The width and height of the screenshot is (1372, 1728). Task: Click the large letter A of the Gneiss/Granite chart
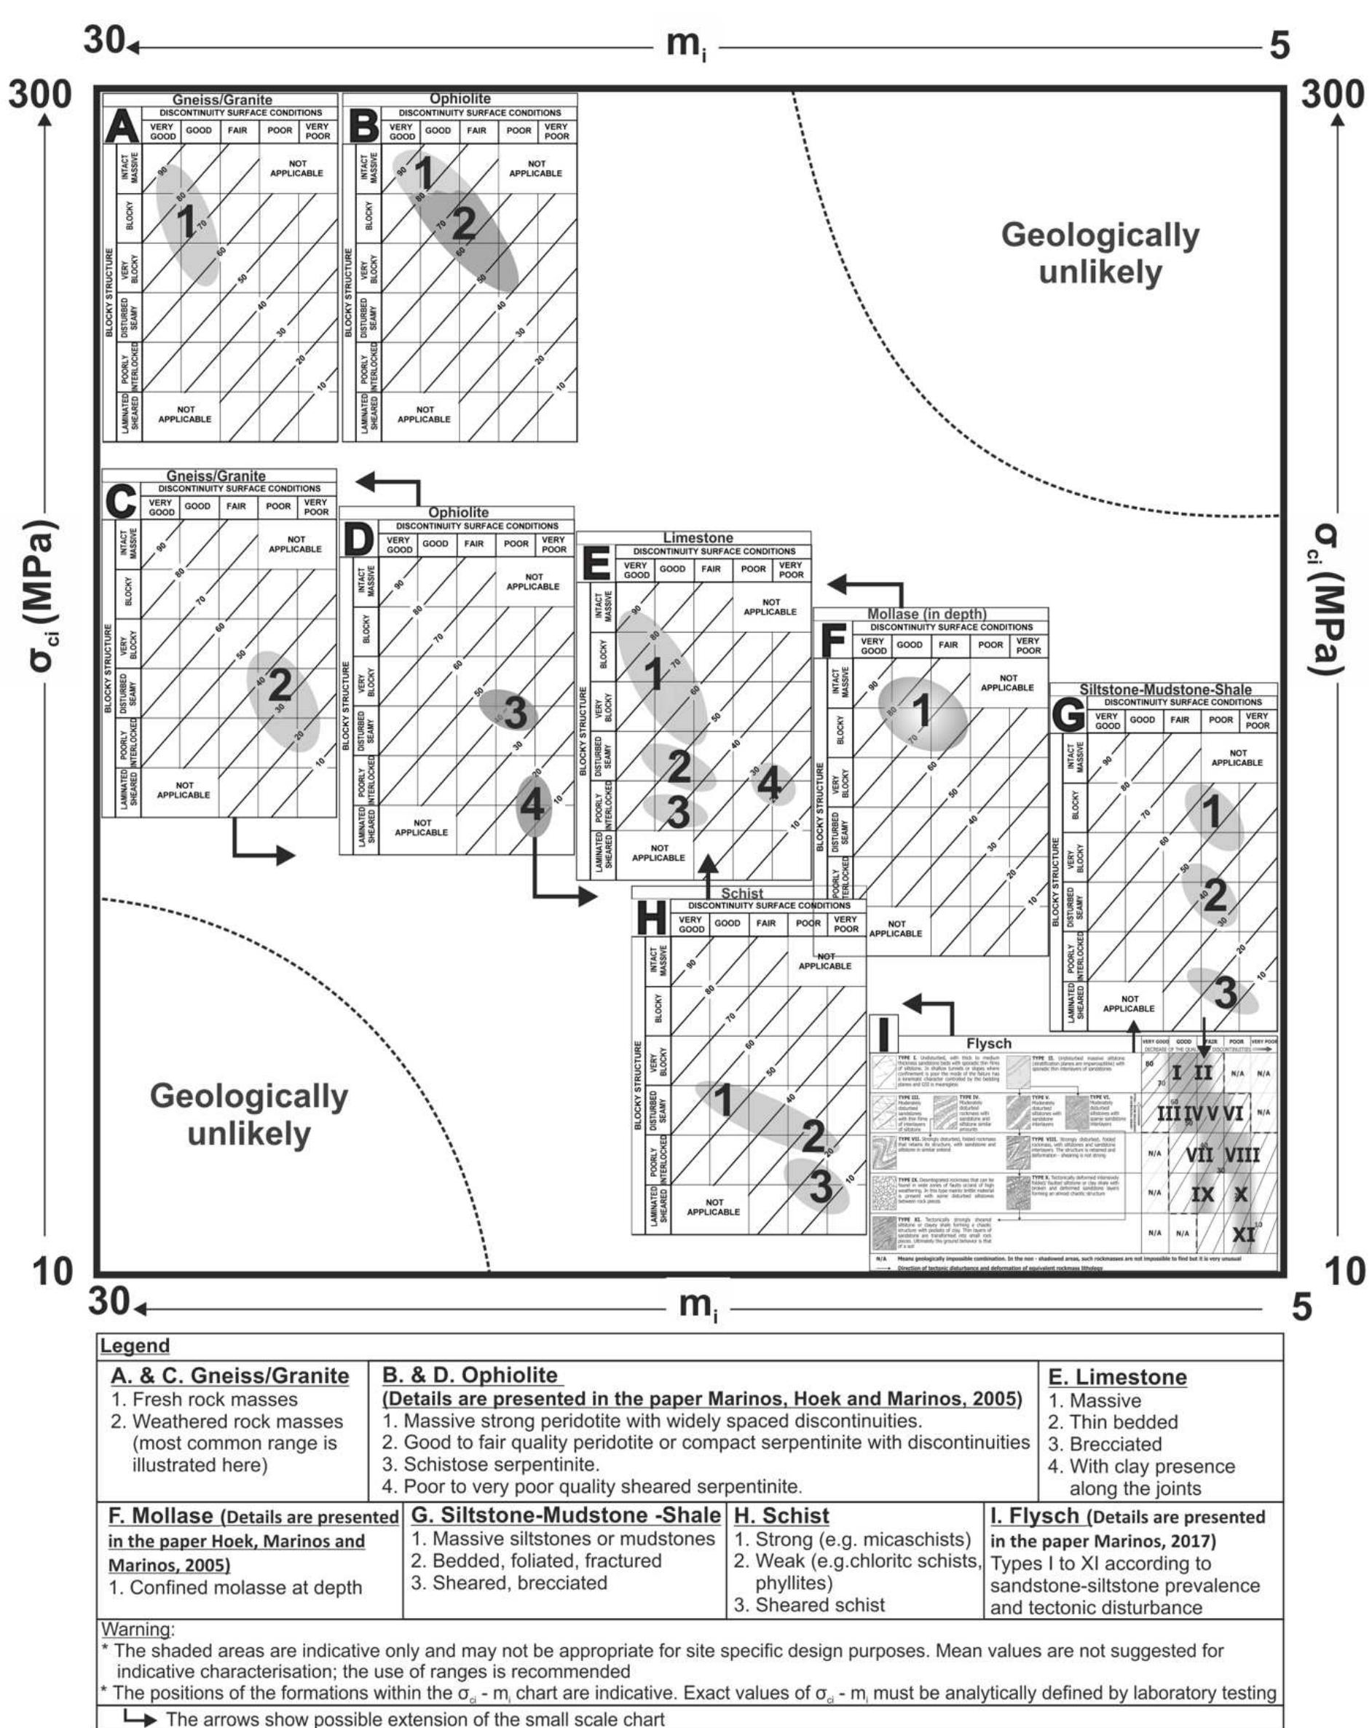[x=122, y=127]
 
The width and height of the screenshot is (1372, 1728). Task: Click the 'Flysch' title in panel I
[x=988, y=1043]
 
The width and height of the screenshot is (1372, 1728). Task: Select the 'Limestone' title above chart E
[x=697, y=538]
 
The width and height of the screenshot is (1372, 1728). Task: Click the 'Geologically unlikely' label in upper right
[x=1100, y=253]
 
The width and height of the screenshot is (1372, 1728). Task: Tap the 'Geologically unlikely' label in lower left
[x=248, y=1114]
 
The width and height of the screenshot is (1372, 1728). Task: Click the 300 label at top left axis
[x=40, y=95]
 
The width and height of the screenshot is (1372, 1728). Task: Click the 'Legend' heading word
[x=135, y=1346]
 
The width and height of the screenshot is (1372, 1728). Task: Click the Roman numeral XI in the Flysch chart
[x=1243, y=1234]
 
